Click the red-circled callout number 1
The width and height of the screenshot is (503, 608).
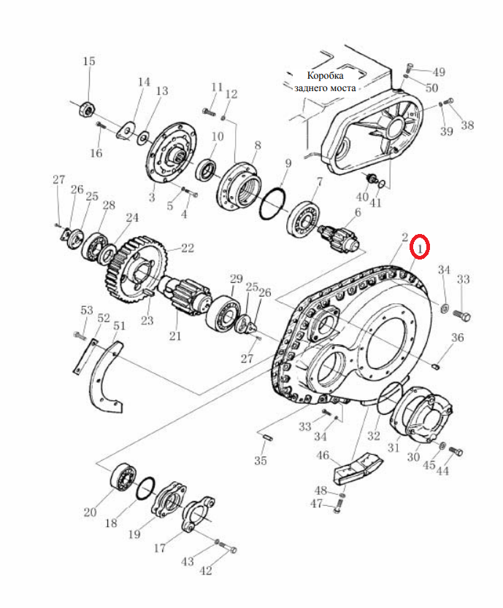pos(420,247)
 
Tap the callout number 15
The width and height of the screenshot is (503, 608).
pos(89,61)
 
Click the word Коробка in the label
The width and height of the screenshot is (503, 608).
pos(325,75)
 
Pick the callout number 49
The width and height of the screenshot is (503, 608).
pos(439,72)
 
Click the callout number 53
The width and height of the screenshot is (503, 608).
pos(87,311)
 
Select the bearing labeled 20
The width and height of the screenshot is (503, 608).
pos(123,476)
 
